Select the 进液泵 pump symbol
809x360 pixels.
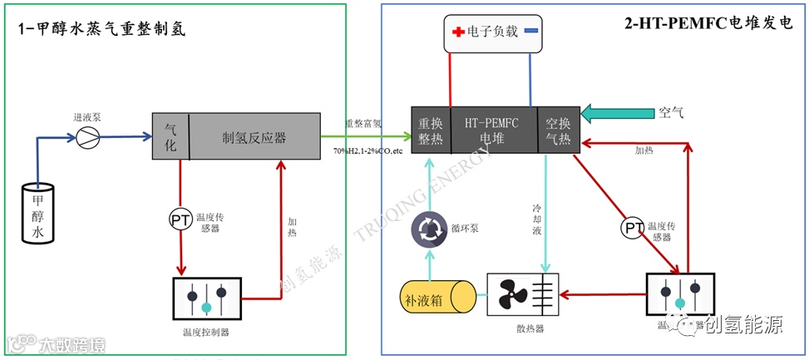tap(87, 138)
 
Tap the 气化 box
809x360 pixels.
tap(170, 136)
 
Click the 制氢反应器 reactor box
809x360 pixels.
tap(254, 136)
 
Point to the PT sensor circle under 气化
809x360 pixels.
tap(180, 219)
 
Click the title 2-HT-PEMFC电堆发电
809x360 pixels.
tap(708, 24)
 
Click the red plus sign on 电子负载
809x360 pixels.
tap(457, 32)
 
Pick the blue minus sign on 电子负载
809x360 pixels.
tap(530, 31)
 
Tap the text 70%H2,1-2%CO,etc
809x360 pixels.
tap(368, 151)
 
